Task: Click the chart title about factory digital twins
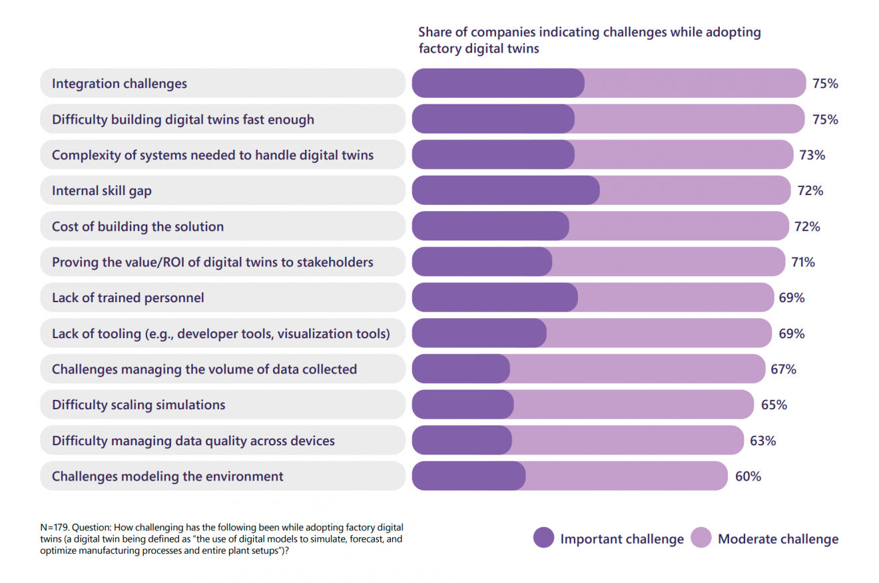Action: coord(589,40)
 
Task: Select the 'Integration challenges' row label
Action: coord(120,84)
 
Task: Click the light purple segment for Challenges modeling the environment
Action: coord(626,477)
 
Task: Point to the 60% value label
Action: coord(748,477)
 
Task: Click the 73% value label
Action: coord(812,155)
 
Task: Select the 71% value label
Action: coord(802,262)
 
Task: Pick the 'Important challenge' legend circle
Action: coord(544,538)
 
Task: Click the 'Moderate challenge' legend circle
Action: coord(702,538)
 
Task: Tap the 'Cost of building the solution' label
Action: coord(138,227)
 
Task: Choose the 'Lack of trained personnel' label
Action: coord(128,298)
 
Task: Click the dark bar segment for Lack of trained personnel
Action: coord(494,298)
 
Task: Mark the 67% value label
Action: coord(783,369)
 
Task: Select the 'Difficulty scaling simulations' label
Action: coord(139,405)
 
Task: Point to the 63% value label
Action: coord(762,441)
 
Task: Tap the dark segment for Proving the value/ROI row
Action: coord(481,262)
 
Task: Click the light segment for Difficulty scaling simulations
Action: coord(633,405)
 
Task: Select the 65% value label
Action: coord(774,405)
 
